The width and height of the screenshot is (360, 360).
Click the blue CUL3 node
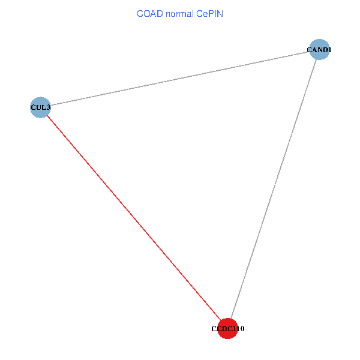tap(40, 107)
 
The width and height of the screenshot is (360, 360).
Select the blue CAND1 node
tap(319, 50)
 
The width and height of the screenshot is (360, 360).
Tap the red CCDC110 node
tap(228, 328)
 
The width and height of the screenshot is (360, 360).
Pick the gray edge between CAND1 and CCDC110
tap(273, 189)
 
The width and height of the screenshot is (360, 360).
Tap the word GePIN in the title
tap(209, 13)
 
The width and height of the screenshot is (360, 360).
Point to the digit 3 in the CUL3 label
tap(48, 108)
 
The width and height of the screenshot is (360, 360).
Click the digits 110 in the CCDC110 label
tap(238, 329)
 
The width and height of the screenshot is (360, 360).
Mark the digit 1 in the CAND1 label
tap(329, 50)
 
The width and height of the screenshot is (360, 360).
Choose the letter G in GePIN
tap(199, 13)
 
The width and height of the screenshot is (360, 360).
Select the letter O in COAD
tap(145, 13)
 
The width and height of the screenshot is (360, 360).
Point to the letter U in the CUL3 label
tap(38, 108)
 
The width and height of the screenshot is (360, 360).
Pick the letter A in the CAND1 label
tap(314, 50)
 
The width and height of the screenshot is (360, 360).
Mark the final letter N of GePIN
tap(220, 13)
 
